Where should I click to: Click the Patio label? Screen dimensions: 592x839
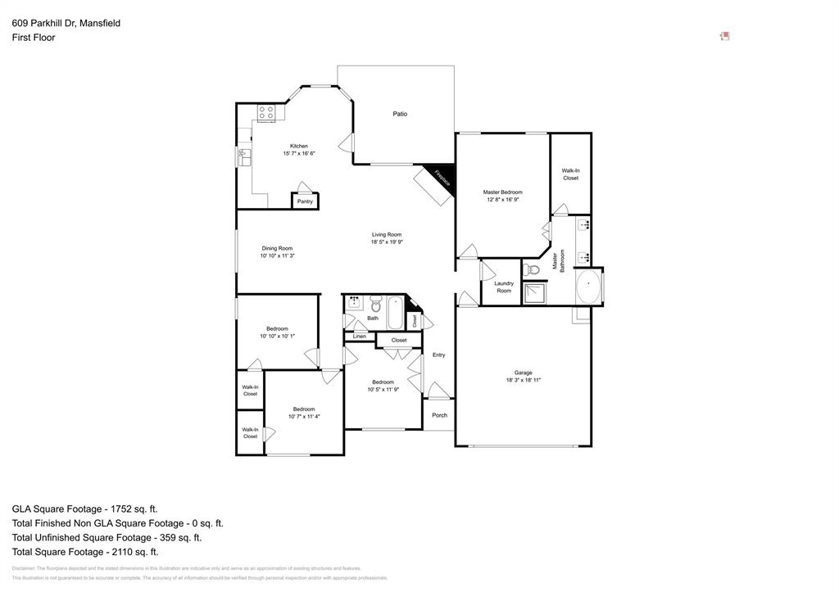click(x=400, y=114)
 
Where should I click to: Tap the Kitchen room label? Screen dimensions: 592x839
click(x=299, y=146)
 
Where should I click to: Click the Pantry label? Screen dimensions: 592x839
click(x=305, y=201)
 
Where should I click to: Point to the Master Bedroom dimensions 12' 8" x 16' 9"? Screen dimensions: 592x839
click(x=502, y=199)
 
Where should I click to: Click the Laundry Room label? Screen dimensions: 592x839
click(x=504, y=287)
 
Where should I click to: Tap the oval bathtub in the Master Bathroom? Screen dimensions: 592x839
click(x=588, y=287)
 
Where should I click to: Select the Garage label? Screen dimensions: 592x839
click(x=523, y=373)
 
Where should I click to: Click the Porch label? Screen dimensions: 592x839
click(x=440, y=415)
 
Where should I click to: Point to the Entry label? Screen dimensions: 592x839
click(x=439, y=355)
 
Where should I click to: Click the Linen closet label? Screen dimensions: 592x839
click(x=360, y=337)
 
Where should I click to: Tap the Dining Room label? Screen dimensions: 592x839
click(x=277, y=248)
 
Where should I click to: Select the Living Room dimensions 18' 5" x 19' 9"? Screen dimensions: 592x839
click(x=387, y=242)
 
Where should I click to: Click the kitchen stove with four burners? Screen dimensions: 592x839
click(x=266, y=113)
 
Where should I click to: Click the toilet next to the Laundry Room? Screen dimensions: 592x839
click(x=531, y=269)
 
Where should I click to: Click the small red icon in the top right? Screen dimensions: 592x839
click(x=725, y=36)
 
